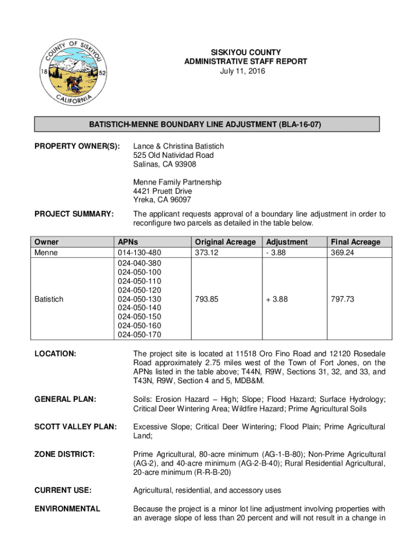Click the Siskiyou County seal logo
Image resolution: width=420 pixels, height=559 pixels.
tap(74, 72)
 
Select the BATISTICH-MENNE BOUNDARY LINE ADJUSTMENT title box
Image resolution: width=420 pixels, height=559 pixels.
tap(207, 124)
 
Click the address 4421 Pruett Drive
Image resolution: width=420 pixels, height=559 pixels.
tap(163, 191)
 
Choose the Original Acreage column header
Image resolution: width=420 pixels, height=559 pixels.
tap(225, 242)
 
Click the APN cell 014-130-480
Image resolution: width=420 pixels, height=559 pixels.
tap(140, 253)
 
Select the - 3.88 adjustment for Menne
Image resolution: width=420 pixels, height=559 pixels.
tap(277, 253)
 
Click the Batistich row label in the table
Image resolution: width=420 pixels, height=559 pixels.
tap(49, 299)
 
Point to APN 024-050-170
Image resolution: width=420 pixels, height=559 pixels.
tap(140, 335)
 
